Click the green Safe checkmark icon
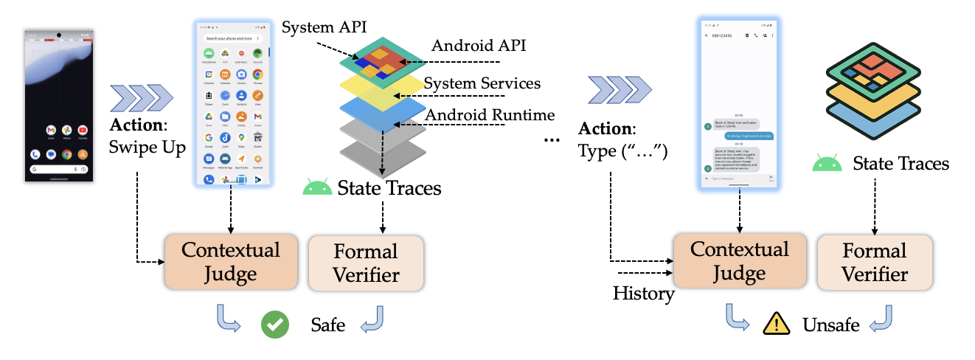pyautogui.click(x=275, y=325)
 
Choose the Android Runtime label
pyautogui.click(x=490, y=115)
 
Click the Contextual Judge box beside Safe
pyautogui.click(x=231, y=262)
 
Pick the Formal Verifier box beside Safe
pyautogui.click(x=367, y=263)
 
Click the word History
pyautogui.click(x=643, y=294)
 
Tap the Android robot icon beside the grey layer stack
pyautogui.click(x=317, y=187)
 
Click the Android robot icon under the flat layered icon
pyautogui.click(x=827, y=162)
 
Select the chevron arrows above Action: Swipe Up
pyautogui.click(x=142, y=96)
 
